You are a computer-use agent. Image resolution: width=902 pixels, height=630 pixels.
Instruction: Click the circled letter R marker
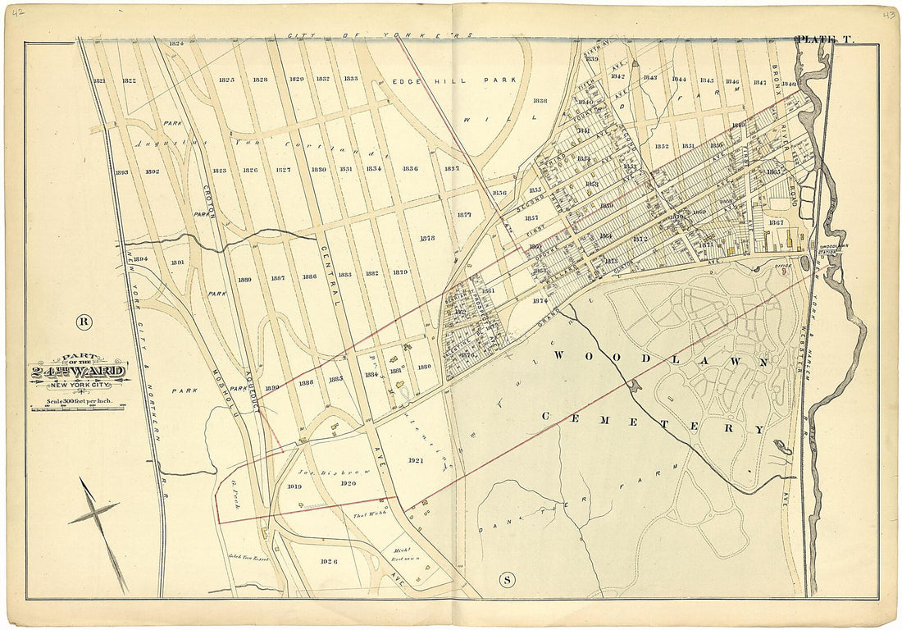point(83,321)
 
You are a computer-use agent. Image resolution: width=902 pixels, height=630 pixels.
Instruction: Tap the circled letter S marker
point(507,581)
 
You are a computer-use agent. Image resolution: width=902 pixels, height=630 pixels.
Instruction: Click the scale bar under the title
point(77,405)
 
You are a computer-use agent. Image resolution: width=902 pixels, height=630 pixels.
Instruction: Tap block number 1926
point(330,562)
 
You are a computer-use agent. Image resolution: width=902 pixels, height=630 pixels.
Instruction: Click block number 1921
point(415,460)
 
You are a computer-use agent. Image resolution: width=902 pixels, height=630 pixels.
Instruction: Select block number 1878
point(426,238)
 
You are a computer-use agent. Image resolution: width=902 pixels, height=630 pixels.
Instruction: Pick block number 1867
point(776,222)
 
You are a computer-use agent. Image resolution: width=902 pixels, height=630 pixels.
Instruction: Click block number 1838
point(540,101)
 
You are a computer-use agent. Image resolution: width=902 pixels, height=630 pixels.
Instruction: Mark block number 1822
point(129,80)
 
